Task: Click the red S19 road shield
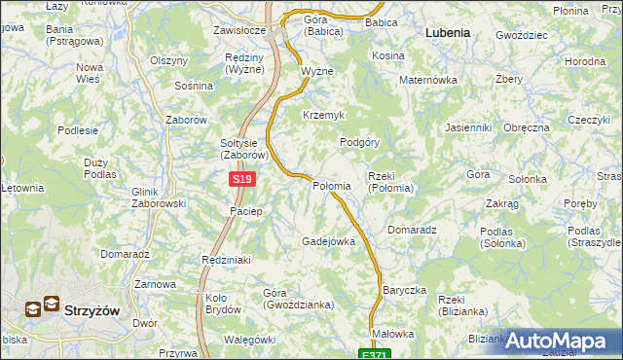pos(242,180)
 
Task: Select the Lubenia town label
pos(448,32)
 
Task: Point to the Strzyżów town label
pos(91,310)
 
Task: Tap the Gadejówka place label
pos(328,241)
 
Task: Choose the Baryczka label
pos(405,290)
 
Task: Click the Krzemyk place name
pos(323,115)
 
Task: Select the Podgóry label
pos(358,142)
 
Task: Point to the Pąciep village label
pos(245,211)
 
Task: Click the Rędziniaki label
pos(226,260)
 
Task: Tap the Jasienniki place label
pos(467,127)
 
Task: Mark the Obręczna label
pos(527,127)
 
